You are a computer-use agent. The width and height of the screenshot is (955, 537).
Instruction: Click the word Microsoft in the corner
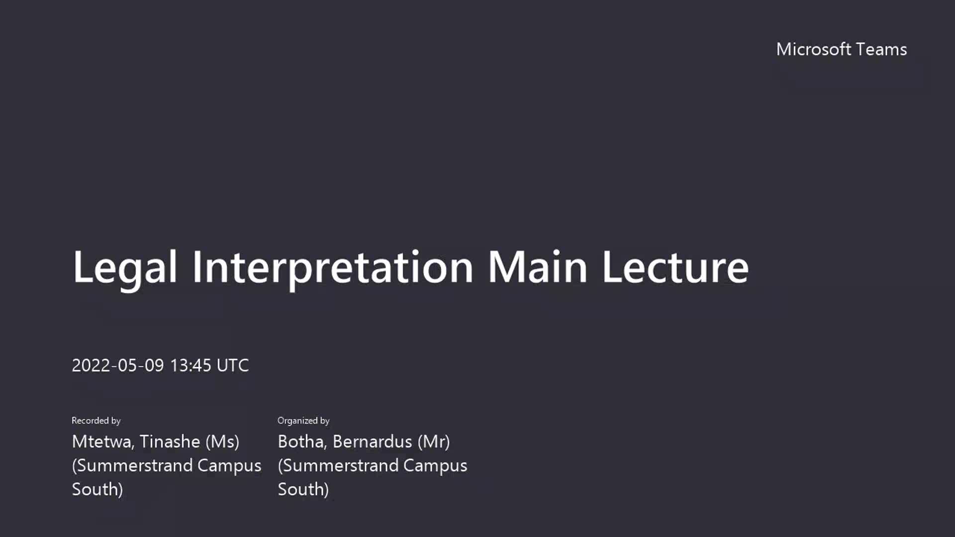click(814, 49)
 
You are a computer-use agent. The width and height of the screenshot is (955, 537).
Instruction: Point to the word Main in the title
click(538, 267)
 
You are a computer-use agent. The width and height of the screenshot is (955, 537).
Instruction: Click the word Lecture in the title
click(675, 267)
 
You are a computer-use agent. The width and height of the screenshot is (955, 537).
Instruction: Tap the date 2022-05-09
click(118, 365)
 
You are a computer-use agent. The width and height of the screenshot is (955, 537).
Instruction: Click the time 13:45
click(191, 365)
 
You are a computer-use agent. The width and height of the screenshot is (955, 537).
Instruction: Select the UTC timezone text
click(233, 365)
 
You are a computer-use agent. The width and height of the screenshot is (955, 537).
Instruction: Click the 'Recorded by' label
click(96, 421)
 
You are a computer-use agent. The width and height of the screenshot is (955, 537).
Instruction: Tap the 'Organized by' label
click(303, 421)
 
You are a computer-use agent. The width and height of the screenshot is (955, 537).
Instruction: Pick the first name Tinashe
click(170, 442)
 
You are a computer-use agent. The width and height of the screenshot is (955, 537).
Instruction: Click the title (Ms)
click(222, 442)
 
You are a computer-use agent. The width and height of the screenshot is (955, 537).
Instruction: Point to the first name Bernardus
click(373, 442)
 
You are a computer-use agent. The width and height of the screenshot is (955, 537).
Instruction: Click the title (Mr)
click(434, 442)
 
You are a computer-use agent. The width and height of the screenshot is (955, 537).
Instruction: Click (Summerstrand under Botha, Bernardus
click(338, 466)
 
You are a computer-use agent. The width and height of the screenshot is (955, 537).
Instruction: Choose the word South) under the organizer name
click(303, 490)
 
